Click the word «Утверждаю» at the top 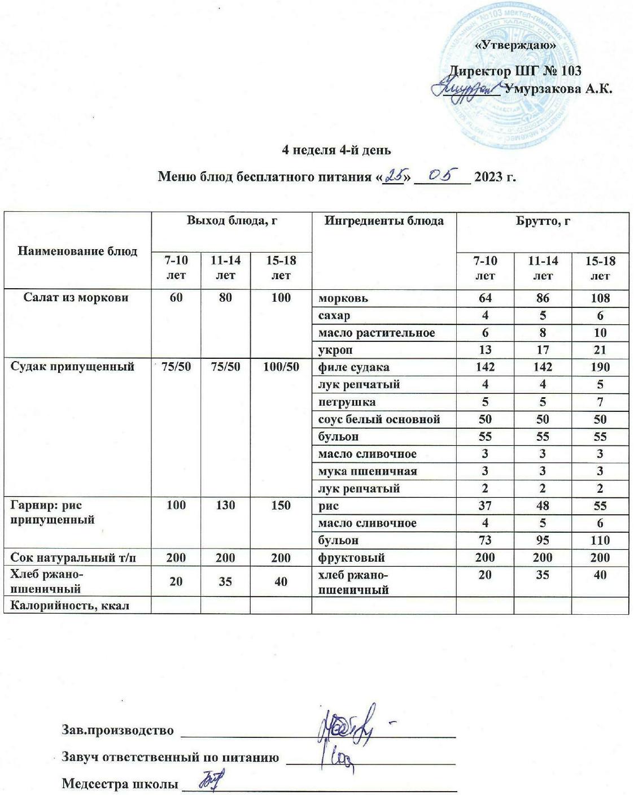pos(517,45)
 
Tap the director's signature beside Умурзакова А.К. pos(465,89)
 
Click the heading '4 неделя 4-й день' pos(336,150)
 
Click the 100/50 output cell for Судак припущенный pos(281,367)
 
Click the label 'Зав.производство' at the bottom pos(117,730)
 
